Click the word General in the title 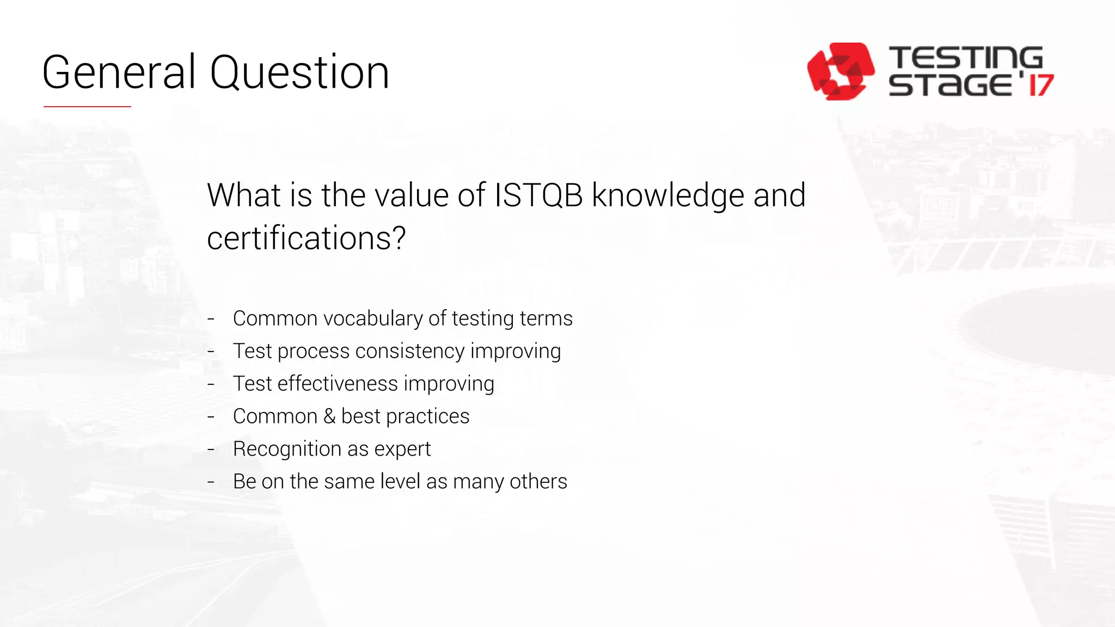pyautogui.click(x=119, y=72)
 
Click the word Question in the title pyautogui.click(x=299, y=73)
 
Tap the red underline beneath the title pyautogui.click(x=87, y=107)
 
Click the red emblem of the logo pyautogui.click(x=840, y=71)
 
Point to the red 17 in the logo pyautogui.click(x=1040, y=85)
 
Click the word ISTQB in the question pyautogui.click(x=538, y=195)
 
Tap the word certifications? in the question pyautogui.click(x=307, y=238)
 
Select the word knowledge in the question pyautogui.click(x=668, y=196)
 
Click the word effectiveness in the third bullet pyautogui.click(x=338, y=384)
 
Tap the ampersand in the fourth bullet pyautogui.click(x=329, y=416)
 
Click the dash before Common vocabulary pyautogui.click(x=211, y=319)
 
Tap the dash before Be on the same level pyautogui.click(x=211, y=482)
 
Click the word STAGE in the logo pyautogui.click(x=951, y=85)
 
